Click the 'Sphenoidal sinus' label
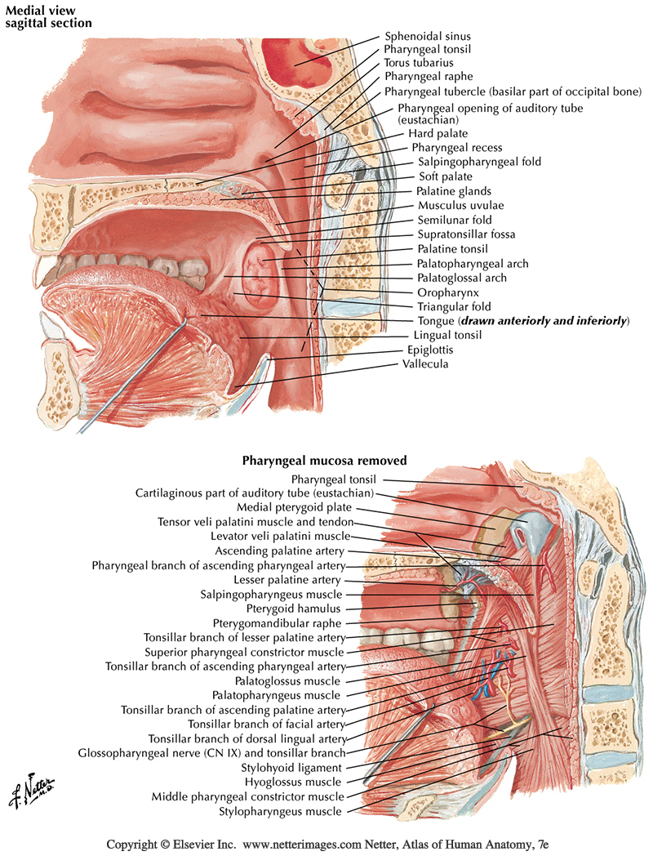point(427,37)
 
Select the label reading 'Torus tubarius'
point(418,63)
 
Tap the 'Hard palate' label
point(437,134)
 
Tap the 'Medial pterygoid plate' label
point(305,507)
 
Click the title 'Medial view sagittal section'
point(49,16)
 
